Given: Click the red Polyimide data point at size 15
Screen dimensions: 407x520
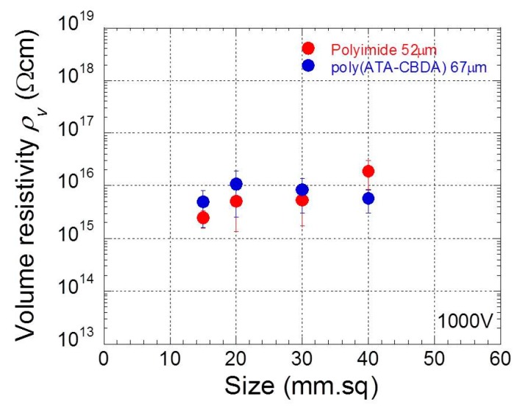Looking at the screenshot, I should [x=203, y=217].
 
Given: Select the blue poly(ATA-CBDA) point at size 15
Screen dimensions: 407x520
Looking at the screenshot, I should [x=203, y=202].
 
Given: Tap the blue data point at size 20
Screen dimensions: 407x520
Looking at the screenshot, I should [x=236, y=184].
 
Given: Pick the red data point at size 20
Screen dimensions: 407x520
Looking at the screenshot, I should [x=236, y=201].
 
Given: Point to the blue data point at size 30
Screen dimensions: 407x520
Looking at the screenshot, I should [x=302, y=189].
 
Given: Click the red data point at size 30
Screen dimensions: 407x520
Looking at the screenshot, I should [x=302, y=199].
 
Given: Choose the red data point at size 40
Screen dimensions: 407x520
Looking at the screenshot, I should [x=368, y=171].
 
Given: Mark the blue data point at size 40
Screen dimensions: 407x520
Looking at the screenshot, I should [x=368, y=198].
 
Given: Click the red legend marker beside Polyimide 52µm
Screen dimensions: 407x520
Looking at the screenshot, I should [x=308, y=49].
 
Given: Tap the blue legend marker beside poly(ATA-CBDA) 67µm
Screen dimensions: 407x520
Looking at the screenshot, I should [x=308, y=66].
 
